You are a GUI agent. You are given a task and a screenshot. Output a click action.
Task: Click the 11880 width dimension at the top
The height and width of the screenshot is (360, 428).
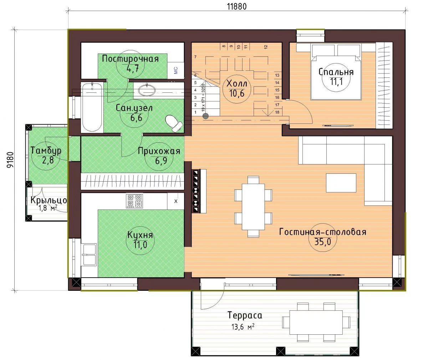point(237,6)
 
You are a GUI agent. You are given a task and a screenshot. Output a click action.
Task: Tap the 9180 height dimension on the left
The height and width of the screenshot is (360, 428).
point(10,159)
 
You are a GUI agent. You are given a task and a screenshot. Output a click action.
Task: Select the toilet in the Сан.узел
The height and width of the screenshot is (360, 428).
point(174,123)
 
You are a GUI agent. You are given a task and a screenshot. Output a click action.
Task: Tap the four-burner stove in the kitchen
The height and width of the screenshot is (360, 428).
point(134,201)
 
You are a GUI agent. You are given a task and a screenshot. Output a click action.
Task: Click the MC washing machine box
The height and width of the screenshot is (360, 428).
point(176,70)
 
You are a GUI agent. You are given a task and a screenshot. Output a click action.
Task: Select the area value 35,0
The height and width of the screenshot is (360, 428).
point(323,242)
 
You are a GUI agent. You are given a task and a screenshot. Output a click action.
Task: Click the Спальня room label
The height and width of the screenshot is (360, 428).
point(336,72)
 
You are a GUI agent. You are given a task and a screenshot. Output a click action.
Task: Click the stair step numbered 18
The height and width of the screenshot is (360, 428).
point(277,112)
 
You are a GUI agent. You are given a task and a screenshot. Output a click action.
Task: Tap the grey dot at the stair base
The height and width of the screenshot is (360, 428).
point(205,116)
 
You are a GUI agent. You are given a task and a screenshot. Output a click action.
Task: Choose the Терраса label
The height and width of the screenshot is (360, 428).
point(245,315)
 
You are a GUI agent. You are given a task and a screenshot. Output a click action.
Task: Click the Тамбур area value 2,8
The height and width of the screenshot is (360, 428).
point(48,160)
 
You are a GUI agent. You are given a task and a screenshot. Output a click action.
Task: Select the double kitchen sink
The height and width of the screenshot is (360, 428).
point(90,255)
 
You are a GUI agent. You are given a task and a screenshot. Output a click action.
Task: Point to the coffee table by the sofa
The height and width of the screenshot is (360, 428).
point(341,183)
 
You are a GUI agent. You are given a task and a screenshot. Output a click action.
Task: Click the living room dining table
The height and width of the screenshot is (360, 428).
point(253,207)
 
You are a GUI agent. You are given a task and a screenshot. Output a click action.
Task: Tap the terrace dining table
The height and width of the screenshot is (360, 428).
point(316,325)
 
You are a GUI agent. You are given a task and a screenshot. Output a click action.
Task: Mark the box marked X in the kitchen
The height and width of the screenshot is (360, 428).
point(176,201)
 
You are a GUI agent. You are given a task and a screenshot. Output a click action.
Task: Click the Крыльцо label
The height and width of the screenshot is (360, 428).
point(49,200)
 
